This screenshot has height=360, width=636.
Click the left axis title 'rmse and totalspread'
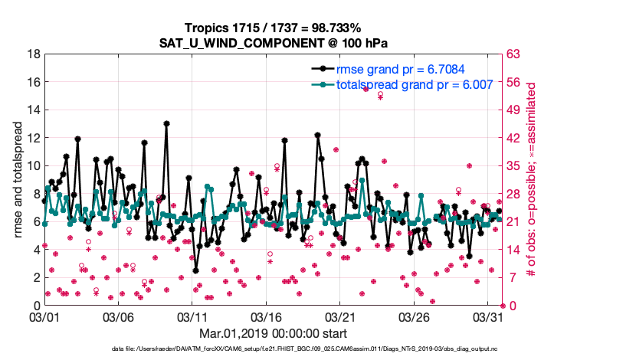pyautogui.click(x=18, y=179)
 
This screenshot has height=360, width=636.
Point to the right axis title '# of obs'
pyautogui.click(x=530, y=179)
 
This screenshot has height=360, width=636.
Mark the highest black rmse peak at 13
pyautogui.click(x=166, y=123)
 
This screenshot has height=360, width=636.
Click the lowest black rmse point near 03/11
pyautogui.click(x=196, y=270)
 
